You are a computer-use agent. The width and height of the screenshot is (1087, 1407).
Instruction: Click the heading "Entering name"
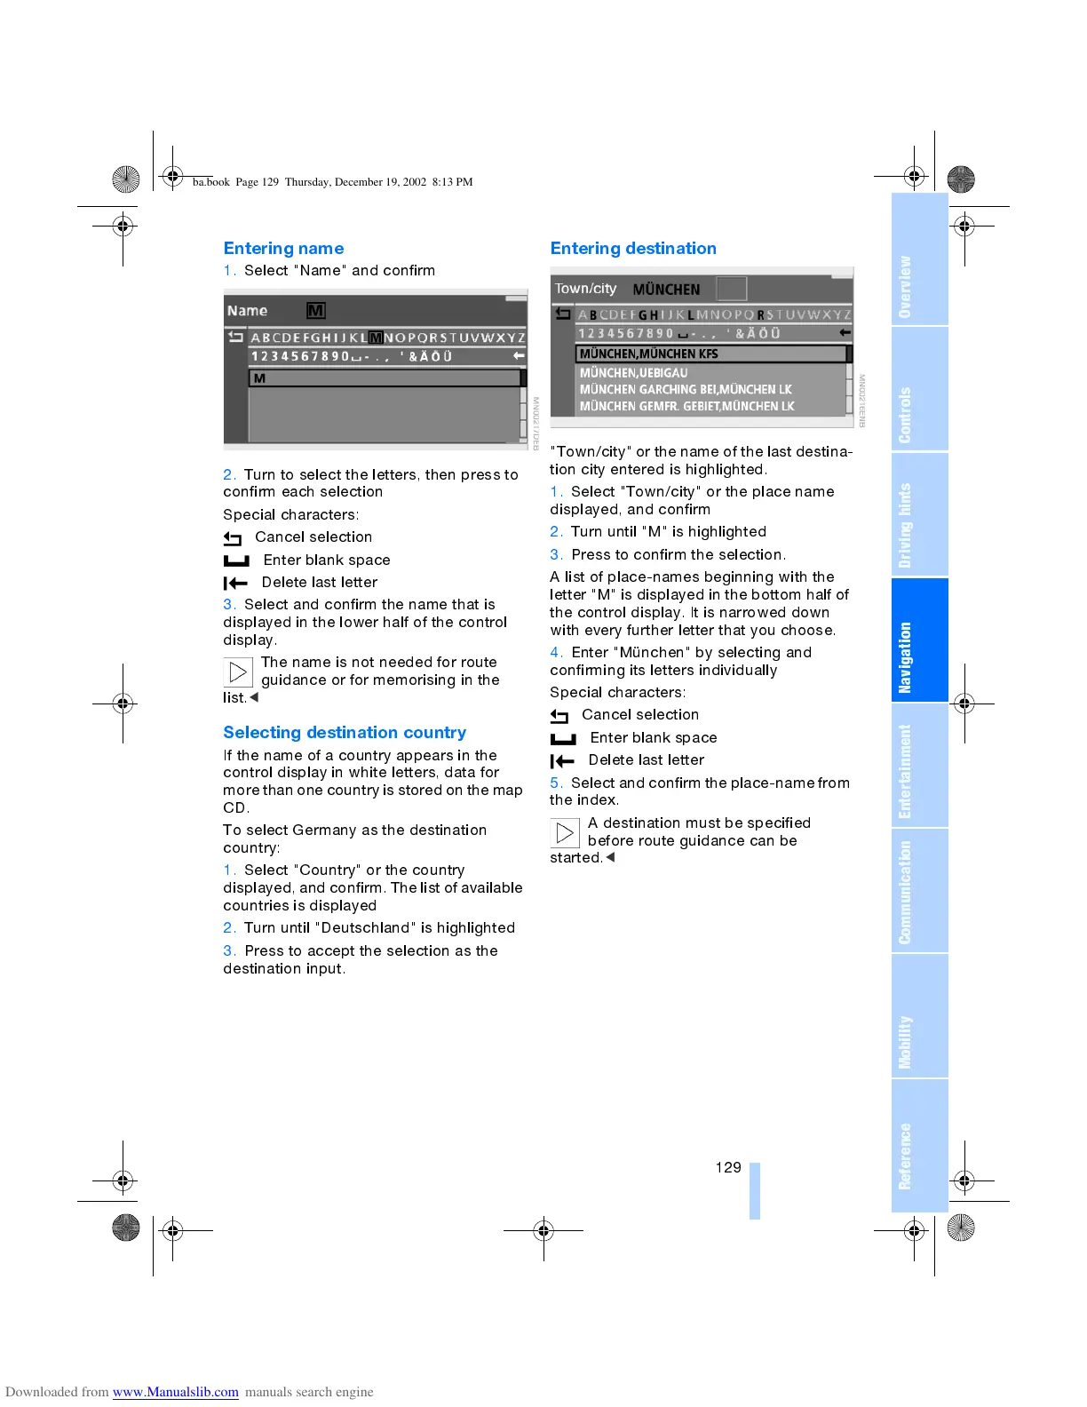(x=283, y=249)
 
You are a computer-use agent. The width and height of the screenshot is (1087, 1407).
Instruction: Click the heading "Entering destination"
(x=633, y=249)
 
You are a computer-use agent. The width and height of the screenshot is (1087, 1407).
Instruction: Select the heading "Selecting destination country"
(x=345, y=733)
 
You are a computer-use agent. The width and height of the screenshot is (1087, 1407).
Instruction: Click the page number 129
(x=728, y=1167)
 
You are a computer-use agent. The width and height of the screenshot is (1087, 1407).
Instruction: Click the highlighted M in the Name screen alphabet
(x=376, y=338)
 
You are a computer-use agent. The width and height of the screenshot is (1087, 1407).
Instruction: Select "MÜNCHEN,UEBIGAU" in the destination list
(x=634, y=373)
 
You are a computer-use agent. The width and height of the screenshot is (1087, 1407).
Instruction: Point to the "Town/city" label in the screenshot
(x=585, y=289)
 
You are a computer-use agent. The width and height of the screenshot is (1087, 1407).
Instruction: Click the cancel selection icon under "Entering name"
(x=233, y=538)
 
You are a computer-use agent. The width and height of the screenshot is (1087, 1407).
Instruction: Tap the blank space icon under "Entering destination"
(x=563, y=738)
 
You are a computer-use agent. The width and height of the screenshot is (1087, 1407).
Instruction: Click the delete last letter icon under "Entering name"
(x=235, y=584)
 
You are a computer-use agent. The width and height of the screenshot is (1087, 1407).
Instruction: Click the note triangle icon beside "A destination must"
(x=565, y=832)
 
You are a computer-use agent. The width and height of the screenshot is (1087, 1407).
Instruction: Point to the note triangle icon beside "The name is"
(x=238, y=672)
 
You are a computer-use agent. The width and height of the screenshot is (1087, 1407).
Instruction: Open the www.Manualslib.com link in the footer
(x=175, y=1392)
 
